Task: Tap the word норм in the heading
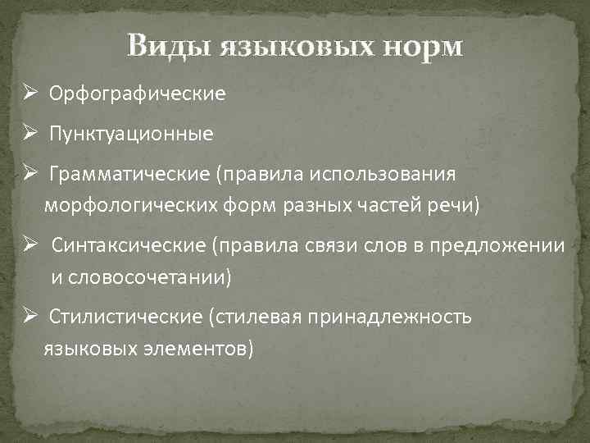click(420, 47)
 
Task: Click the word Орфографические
click(137, 94)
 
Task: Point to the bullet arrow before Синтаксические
click(28, 245)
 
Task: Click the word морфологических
click(130, 205)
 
